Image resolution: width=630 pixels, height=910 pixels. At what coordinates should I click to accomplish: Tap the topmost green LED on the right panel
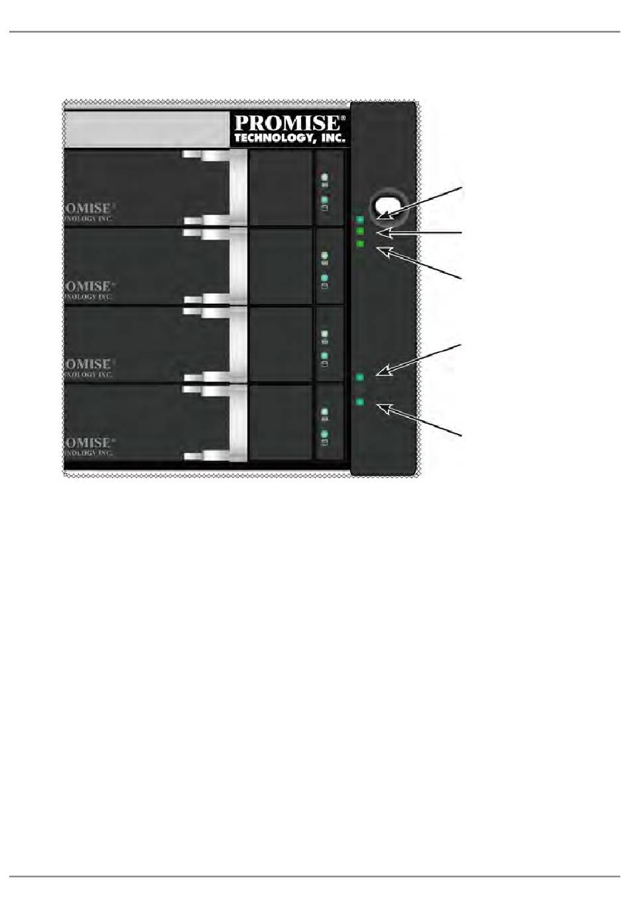(360, 220)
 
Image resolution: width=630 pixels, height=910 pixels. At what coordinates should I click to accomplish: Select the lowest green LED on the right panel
(360, 401)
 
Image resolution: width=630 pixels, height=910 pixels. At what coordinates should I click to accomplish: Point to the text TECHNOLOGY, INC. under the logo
(290, 138)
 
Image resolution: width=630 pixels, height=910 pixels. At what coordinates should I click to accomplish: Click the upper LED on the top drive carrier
(325, 177)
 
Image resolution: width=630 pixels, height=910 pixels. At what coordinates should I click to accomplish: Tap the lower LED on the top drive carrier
(325, 199)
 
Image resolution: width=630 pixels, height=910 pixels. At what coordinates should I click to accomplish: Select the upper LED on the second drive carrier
(325, 255)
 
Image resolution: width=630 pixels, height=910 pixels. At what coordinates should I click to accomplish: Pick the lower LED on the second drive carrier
(325, 277)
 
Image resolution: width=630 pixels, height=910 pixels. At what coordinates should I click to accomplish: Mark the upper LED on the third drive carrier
(325, 334)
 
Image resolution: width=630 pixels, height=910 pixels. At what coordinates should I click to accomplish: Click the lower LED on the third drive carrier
(325, 356)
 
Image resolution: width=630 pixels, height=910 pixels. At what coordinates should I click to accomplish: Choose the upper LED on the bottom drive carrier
(325, 411)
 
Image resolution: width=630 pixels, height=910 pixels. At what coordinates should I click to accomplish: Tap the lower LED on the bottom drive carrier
(325, 434)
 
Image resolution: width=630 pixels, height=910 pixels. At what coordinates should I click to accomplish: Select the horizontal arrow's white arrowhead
(382, 233)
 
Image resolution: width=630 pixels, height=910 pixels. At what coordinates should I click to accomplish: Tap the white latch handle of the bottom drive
(238, 422)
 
